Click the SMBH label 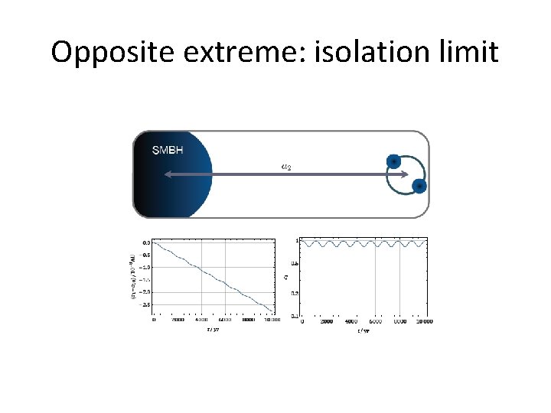(x=168, y=151)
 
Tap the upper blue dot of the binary (x=393, y=161)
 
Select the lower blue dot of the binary (x=419, y=186)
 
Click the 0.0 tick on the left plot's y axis (x=145, y=242)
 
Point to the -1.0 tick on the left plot (x=145, y=267)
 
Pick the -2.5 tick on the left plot (x=145, y=304)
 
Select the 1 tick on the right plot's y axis (x=297, y=240)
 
